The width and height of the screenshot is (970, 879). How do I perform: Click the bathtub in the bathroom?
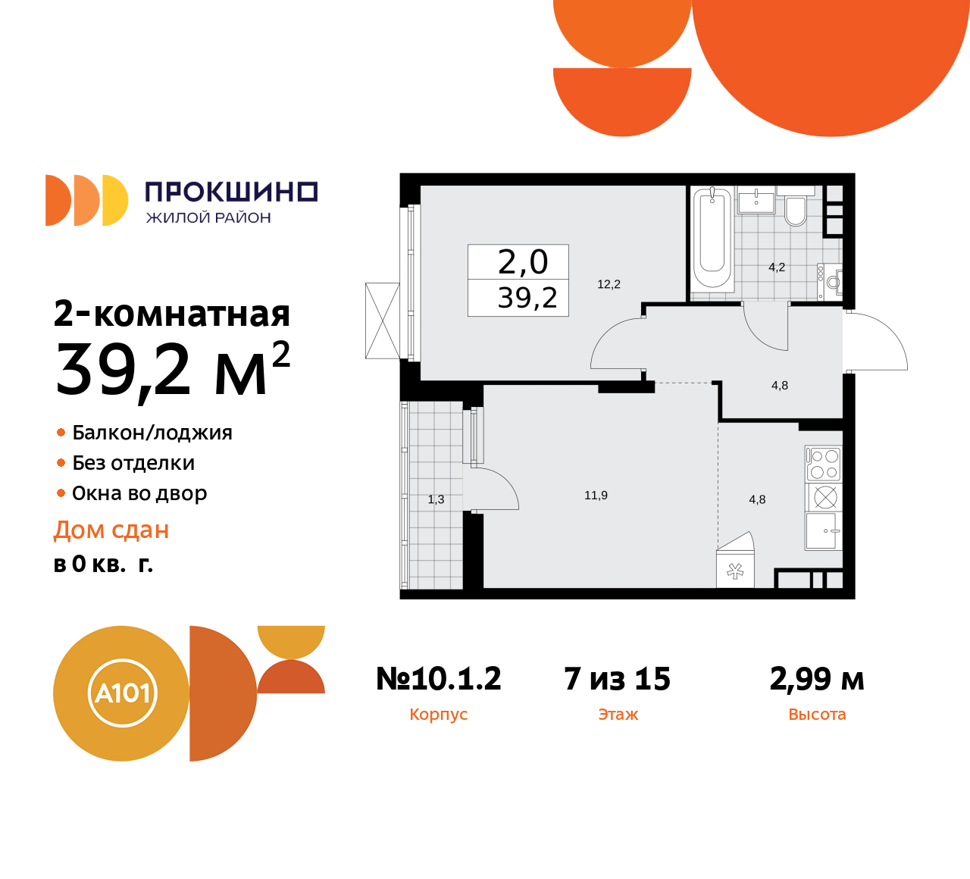(712, 238)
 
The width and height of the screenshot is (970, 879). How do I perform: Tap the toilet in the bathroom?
(796, 211)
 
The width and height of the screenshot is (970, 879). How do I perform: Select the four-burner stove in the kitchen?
(824, 464)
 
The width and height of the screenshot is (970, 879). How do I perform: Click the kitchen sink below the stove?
(824, 530)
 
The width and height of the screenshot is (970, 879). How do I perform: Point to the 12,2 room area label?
(609, 284)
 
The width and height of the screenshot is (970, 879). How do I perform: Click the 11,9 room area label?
(596, 496)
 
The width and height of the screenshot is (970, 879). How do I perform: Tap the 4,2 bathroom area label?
(777, 267)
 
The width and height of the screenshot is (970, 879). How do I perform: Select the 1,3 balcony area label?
(436, 499)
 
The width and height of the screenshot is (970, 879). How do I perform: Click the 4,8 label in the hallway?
(780, 386)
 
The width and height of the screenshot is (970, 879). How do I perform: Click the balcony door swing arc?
(496, 489)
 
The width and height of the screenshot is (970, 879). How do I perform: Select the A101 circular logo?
(121, 693)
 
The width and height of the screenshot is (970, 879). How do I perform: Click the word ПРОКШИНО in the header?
(231, 192)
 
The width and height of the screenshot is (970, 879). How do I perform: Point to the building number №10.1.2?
(439, 679)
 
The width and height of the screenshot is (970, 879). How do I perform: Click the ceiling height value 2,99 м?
(817, 679)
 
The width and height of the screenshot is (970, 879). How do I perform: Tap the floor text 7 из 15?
(618, 679)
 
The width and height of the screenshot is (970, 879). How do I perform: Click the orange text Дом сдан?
(111, 530)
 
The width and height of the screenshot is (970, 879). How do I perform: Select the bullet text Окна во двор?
(139, 493)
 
